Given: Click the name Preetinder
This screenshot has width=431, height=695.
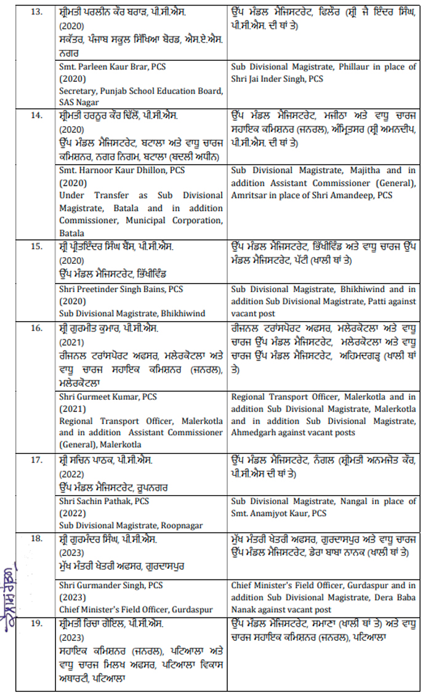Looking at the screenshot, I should [x=101, y=288].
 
